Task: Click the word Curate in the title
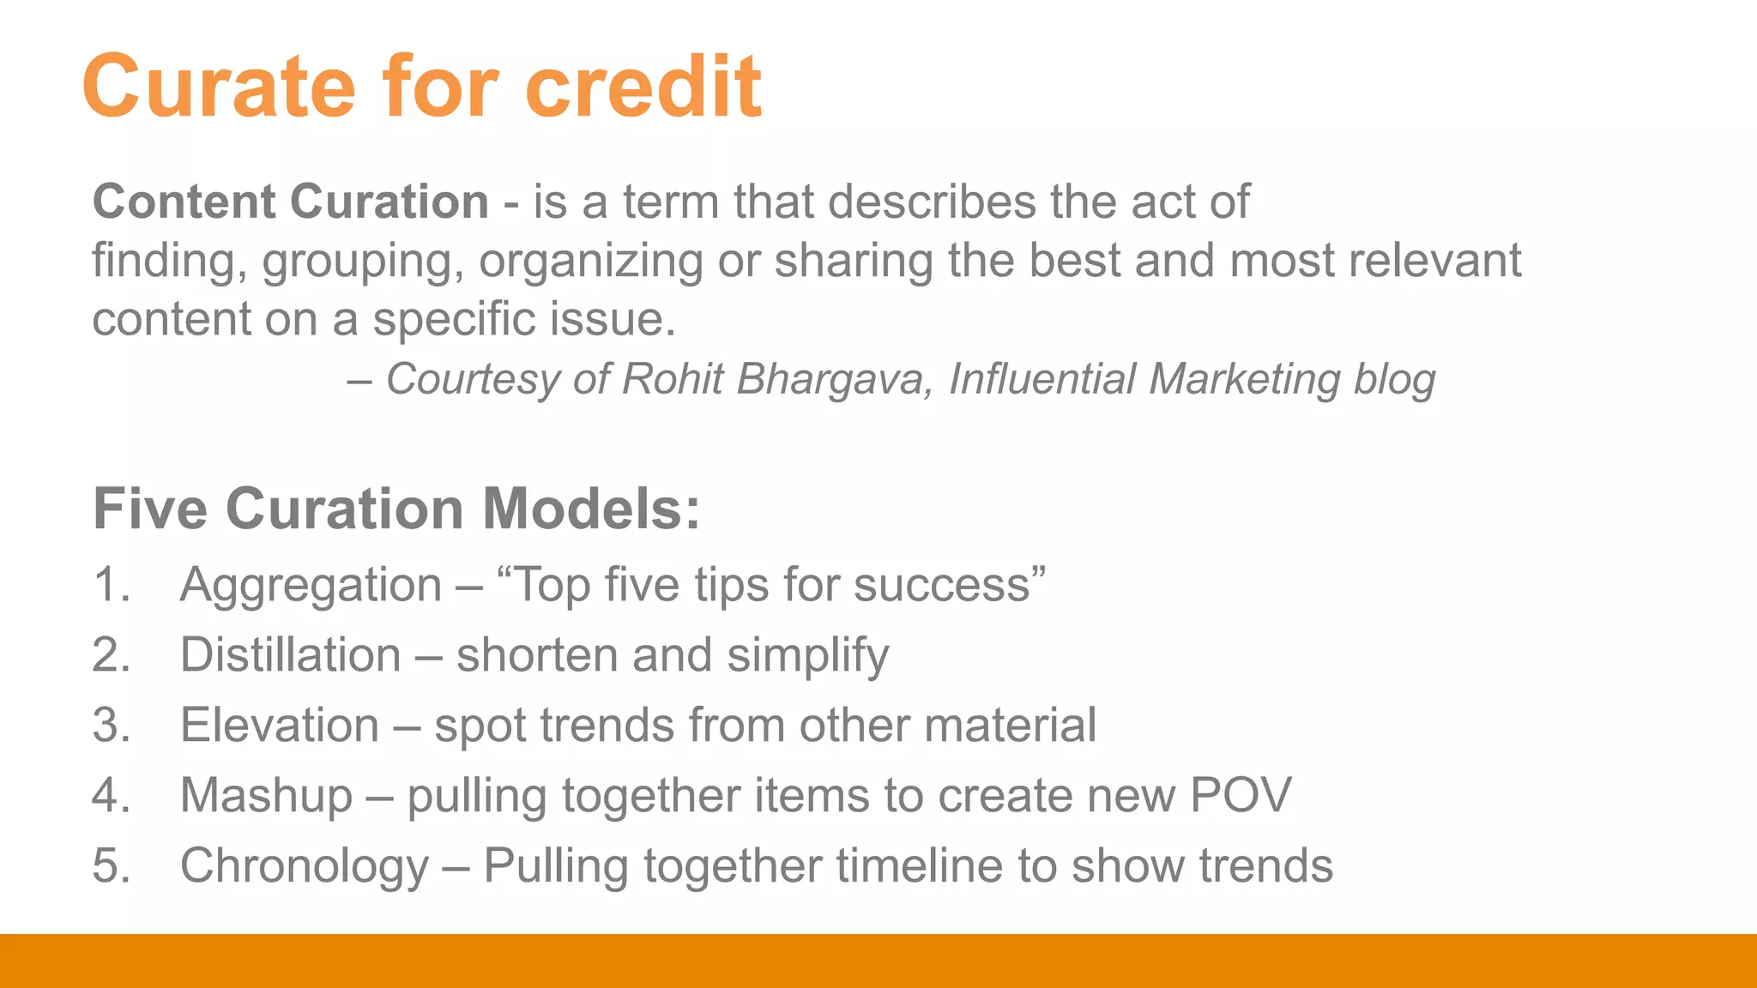tap(219, 87)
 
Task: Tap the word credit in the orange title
tap(643, 87)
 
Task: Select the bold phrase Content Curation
tap(291, 202)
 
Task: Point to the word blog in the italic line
tap(1394, 379)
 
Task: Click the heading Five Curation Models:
tap(396, 509)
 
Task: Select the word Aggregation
tap(311, 585)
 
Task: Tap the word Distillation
tap(291, 655)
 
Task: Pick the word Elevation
tap(280, 726)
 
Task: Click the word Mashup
tap(266, 795)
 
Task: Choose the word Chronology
tap(305, 865)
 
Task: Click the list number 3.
tap(111, 726)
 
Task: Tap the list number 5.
tap(111, 865)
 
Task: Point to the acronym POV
tap(1241, 795)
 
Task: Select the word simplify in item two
tap(807, 656)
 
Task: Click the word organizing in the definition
tap(591, 261)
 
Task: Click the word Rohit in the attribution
tap(672, 379)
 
